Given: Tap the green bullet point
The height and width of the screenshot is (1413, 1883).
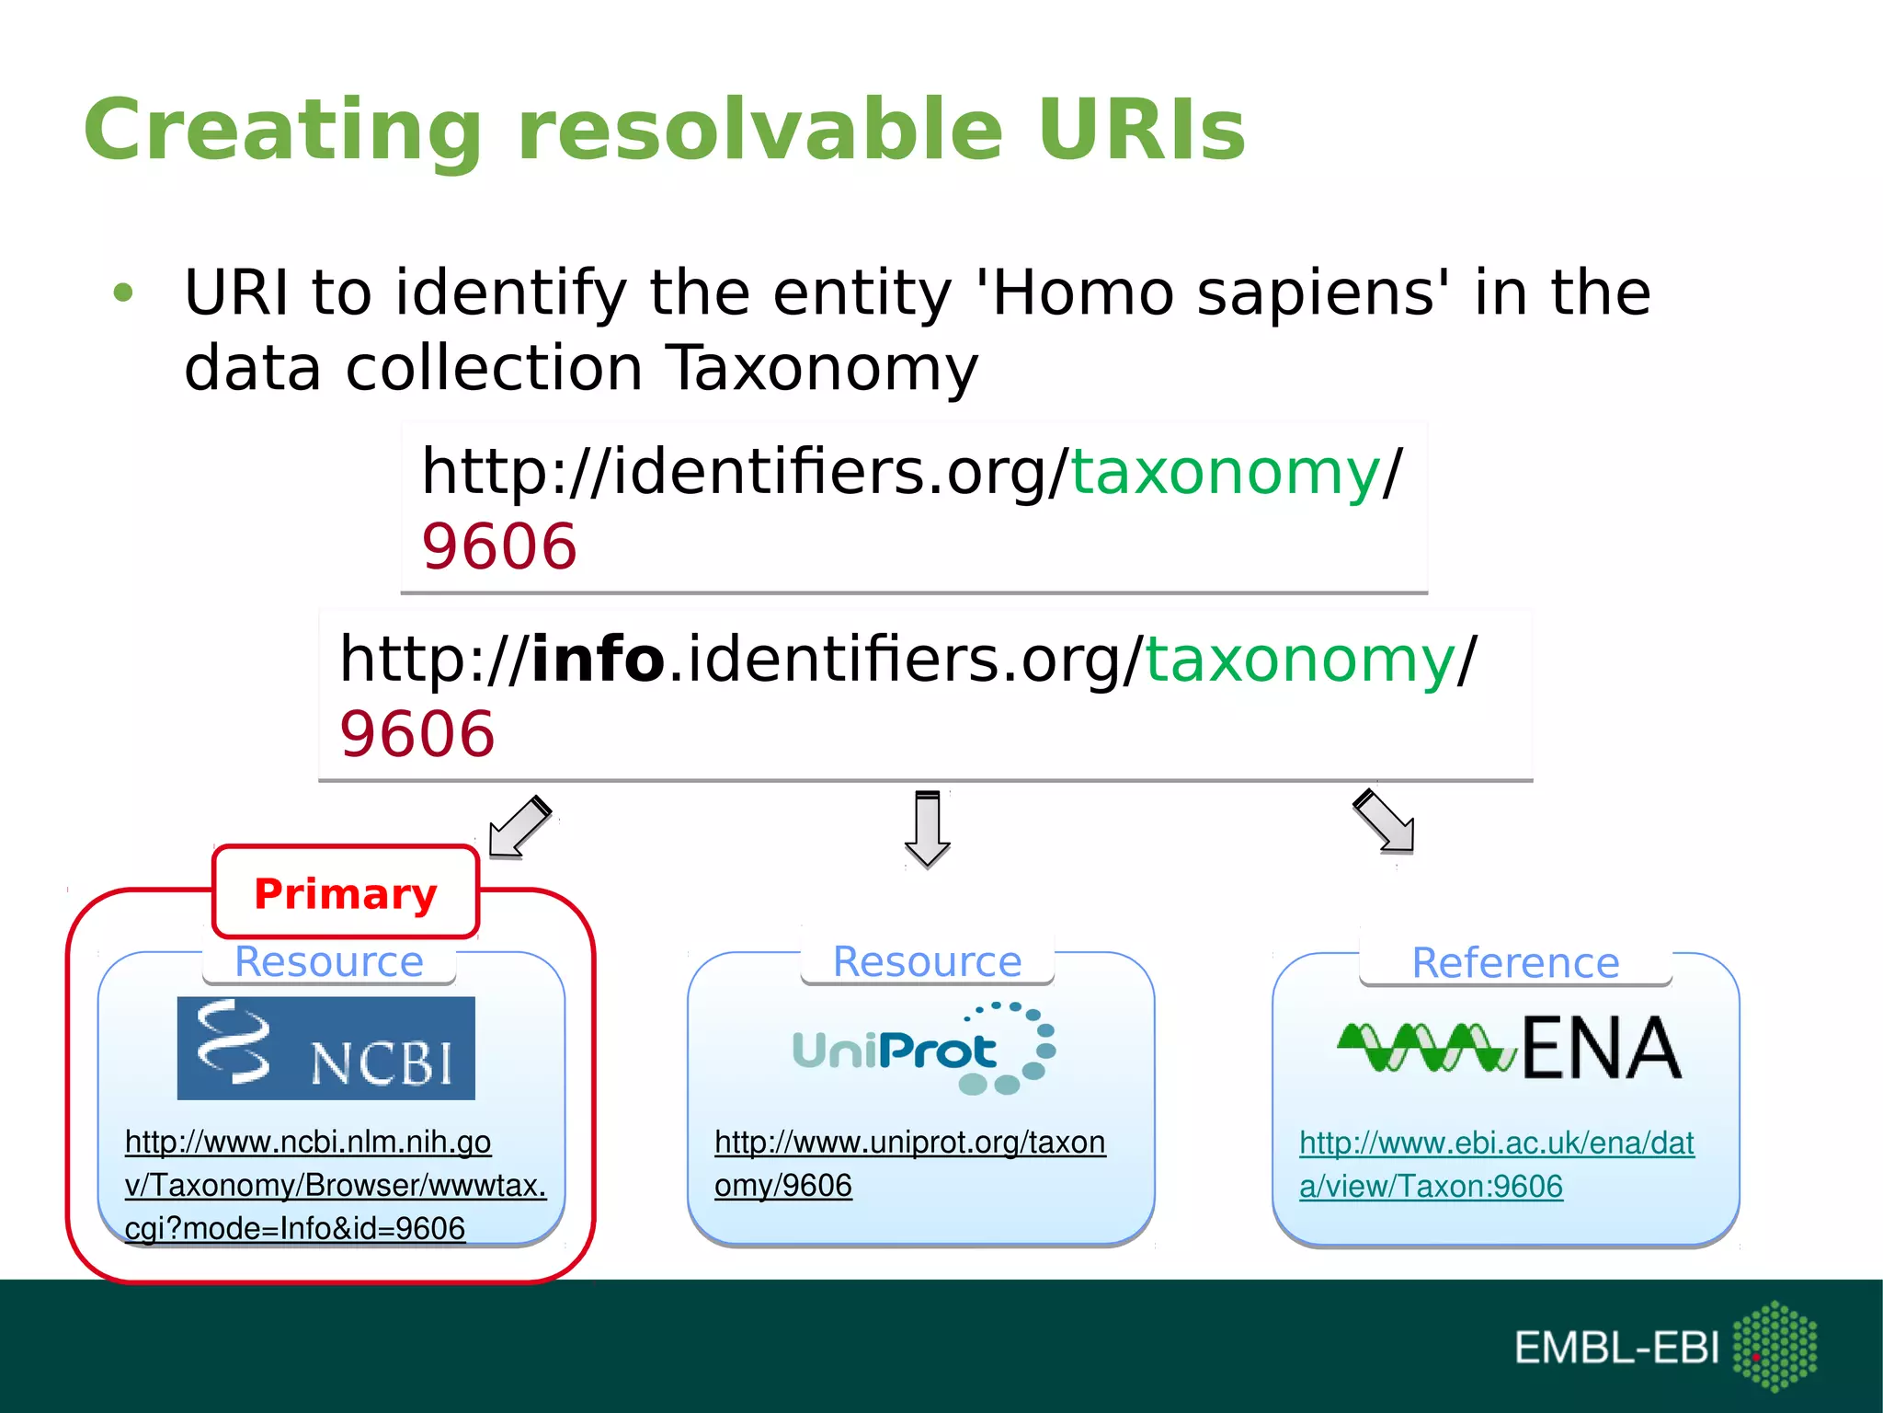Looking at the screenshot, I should coord(123,293).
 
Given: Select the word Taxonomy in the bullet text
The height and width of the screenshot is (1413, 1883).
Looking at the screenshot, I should coord(821,369).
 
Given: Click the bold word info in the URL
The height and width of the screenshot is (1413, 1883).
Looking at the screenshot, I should coord(598,660).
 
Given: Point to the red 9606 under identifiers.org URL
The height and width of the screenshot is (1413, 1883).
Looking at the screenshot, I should coord(499,547).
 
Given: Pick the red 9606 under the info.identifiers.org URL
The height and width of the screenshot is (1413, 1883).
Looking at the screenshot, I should coord(417,734).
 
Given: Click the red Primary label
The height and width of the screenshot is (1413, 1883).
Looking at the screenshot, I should coord(346,893).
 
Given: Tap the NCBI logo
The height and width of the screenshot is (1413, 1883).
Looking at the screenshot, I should coord(326,1048).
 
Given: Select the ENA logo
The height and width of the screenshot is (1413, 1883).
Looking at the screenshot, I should coord(1509,1048).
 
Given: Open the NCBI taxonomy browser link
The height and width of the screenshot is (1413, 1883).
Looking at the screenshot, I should coord(335,1185).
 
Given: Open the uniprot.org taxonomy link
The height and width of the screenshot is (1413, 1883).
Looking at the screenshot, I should coord(909,1164).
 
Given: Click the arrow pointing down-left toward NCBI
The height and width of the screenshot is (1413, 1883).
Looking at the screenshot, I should coord(519,826).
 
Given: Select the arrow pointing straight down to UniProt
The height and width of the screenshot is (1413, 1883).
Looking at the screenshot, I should coord(928,829).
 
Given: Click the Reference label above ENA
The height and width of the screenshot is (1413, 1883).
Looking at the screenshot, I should coord(1515,963).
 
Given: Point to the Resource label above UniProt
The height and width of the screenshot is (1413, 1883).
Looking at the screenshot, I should coord(927,962).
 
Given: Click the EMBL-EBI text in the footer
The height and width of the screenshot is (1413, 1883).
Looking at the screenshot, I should coord(1616,1348).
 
